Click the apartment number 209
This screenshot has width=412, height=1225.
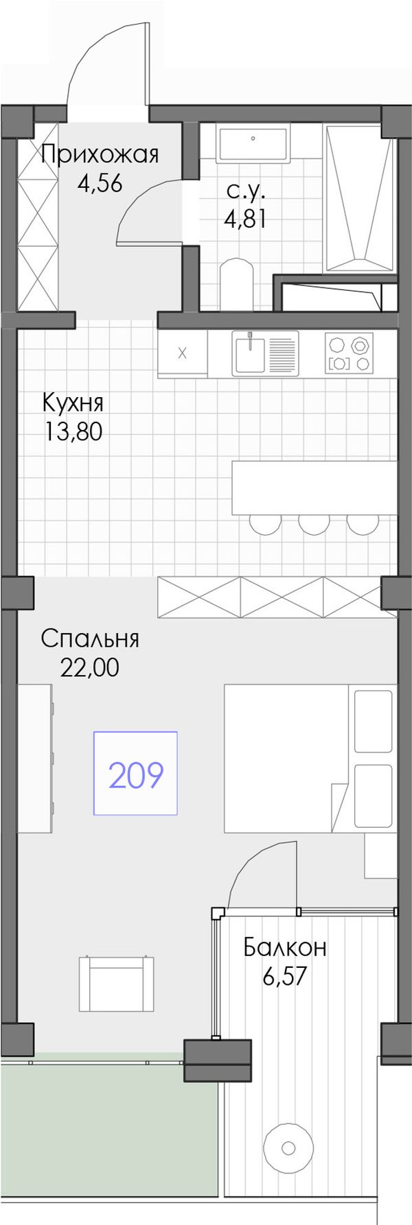[136, 775]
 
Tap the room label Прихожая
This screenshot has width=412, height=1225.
[100, 154]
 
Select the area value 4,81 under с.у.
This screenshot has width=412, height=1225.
[245, 219]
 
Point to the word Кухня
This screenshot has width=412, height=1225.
[73, 401]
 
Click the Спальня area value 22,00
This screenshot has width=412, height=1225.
[90, 667]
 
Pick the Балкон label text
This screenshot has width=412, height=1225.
[285, 947]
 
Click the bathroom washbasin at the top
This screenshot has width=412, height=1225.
[253, 143]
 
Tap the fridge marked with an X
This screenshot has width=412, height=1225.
[182, 354]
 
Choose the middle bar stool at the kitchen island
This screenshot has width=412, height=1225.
[314, 523]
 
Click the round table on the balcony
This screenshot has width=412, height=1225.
[288, 1148]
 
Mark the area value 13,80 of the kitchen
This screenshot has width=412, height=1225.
[73, 431]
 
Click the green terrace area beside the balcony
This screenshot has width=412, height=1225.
[110, 1139]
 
